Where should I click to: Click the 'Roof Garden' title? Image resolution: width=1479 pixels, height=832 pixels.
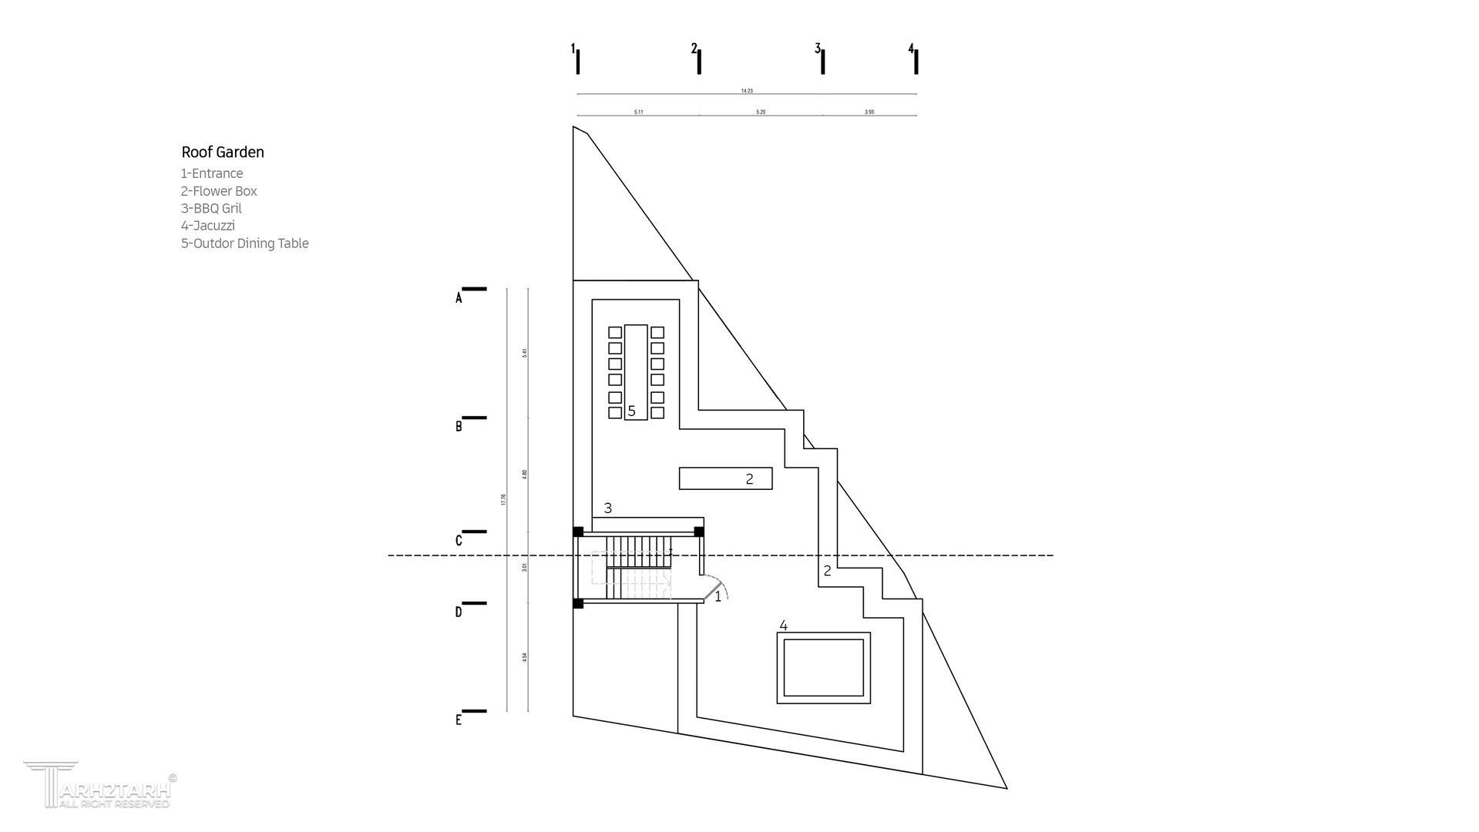pos(223,153)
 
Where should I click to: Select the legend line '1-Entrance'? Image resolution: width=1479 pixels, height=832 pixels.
pos(212,174)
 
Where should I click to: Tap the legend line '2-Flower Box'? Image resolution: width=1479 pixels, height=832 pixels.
pos(219,191)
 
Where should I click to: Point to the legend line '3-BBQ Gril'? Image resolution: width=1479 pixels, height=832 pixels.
pos(211,209)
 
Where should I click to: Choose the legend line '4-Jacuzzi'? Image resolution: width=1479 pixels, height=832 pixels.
pos(208,226)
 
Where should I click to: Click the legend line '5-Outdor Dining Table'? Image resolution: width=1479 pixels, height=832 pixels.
pos(244,243)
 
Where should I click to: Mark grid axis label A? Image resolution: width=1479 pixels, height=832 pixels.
pos(459,298)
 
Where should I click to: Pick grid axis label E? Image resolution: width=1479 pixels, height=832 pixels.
pos(459,720)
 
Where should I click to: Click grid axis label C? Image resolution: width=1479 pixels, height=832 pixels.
pos(459,541)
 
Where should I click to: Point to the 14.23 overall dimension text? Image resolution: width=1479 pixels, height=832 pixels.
pos(746,91)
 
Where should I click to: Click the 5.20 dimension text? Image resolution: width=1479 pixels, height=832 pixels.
pos(761,112)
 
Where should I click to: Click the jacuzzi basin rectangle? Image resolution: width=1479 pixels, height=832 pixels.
pos(823,668)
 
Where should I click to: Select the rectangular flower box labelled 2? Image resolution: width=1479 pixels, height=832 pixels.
pos(724,478)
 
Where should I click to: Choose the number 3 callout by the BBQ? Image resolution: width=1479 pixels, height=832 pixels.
pos(608,508)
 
